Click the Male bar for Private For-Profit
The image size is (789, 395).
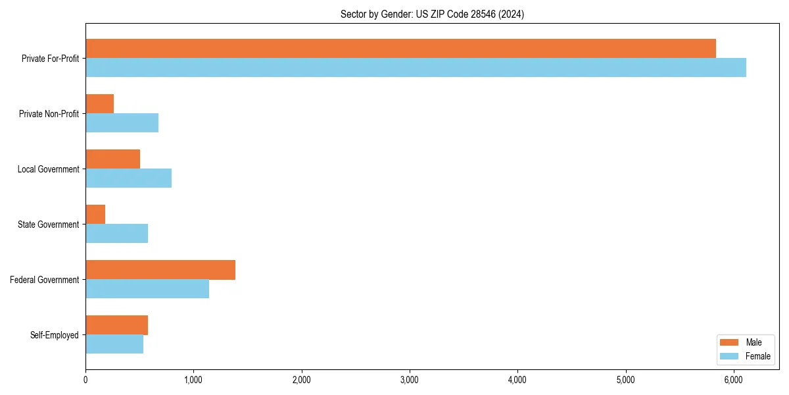tap(400, 48)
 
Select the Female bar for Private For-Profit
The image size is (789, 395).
tap(416, 67)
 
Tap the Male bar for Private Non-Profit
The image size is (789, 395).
tap(99, 103)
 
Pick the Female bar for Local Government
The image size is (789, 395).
tap(128, 178)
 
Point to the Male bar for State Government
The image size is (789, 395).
tap(95, 214)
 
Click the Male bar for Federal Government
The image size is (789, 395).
tap(160, 269)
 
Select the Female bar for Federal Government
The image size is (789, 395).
tap(147, 288)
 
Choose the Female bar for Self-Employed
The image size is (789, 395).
tap(114, 344)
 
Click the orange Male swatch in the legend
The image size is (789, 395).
tap(730, 342)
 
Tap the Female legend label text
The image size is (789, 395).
tap(757, 356)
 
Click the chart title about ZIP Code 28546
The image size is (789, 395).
tap(432, 14)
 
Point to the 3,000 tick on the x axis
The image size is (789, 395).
tap(410, 380)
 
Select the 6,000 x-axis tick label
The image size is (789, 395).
tap(734, 380)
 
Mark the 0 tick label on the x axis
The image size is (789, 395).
tap(85, 380)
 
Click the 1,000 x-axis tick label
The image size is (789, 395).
tap(193, 380)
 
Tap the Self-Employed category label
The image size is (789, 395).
tap(55, 335)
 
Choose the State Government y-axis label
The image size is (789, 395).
tap(49, 224)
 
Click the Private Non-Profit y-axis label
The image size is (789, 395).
tap(49, 114)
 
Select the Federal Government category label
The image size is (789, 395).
tap(45, 280)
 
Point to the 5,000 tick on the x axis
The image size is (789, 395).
tap(626, 380)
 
